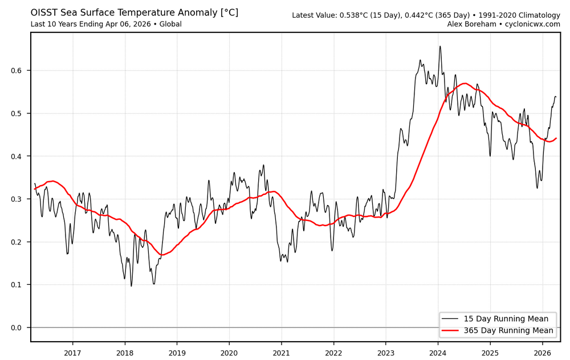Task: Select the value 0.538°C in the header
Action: click(352, 15)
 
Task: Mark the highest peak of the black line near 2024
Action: click(440, 46)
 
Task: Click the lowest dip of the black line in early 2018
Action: click(131, 286)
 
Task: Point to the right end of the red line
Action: click(556, 138)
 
